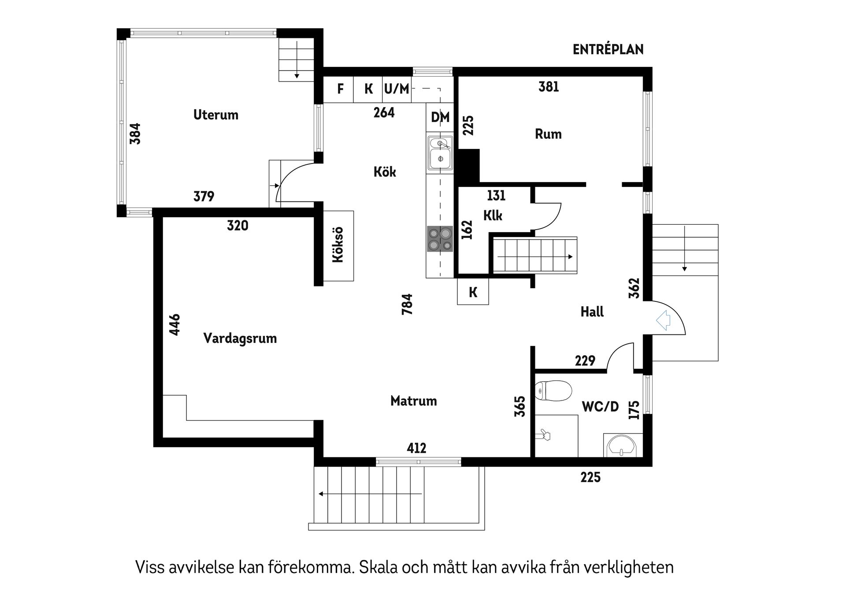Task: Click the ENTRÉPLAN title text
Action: (x=608, y=50)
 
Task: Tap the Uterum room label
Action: (x=215, y=115)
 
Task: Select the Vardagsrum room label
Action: (x=240, y=338)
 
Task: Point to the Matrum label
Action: (x=413, y=401)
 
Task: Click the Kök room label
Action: (x=384, y=172)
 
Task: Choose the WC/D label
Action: (x=600, y=407)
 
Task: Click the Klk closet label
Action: (x=493, y=215)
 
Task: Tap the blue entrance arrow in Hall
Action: (x=663, y=320)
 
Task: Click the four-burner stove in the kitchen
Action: (x=440, y=239)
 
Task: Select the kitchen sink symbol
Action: (x=440, y=153)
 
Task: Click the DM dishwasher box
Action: (x=440, y=117)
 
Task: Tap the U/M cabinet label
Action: (x=397, y=89)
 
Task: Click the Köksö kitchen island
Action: (x=338, y=245)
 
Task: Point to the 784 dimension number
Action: (x=407, y=304)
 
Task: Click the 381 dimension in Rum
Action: (x=549, y=87)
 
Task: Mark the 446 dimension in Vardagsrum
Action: (x=175, y=325)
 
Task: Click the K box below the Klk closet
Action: (x=473, y=292)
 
